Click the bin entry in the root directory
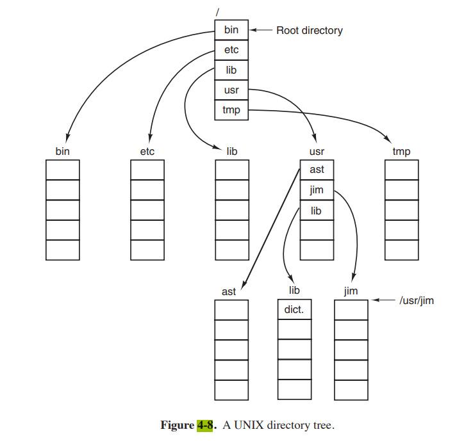click(x=231, y=30)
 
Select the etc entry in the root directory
click(x=231, y=50)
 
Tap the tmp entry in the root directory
click(x=231, y=110)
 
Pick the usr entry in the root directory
click(x=231, y=90)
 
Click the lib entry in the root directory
click(x=231, y=70)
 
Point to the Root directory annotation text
click(x=309, y=30)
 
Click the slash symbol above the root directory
click(x=219, y=12)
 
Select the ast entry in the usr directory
click(x=317, y=170)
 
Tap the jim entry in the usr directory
click(x=317, y=190)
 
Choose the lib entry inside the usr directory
click(x=317, y=210)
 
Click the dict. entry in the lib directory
click(x=294, y=310)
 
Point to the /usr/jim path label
click(x=416, y=300)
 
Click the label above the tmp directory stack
click(x=401, y=152)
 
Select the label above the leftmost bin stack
click(x=62, y=152)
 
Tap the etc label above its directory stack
click(x=147, y=152)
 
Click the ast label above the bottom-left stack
click(x=229, y=291)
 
